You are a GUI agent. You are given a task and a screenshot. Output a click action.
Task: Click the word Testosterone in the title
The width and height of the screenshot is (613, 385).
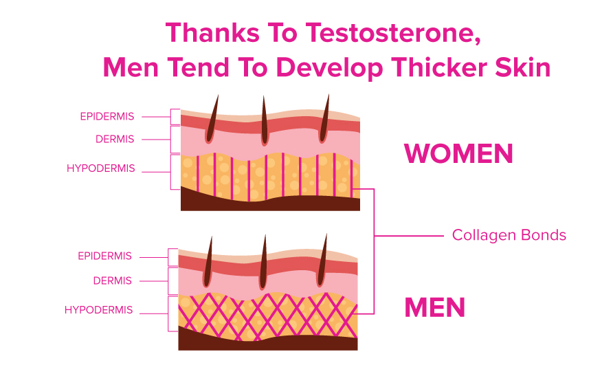(x=393, y=33)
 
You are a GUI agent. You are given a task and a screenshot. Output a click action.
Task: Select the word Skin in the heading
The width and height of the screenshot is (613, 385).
(x=523, y=67)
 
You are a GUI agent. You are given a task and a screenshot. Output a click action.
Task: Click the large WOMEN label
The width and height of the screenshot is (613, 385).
(x=458, y=153)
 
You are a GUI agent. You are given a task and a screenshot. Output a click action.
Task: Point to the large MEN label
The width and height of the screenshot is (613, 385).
(x=435, y=307)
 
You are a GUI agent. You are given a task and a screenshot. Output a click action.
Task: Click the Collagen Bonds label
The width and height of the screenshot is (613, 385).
(x=509, y=235)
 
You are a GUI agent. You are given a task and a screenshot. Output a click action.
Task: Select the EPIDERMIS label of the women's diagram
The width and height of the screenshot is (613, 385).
(x=107, y=117)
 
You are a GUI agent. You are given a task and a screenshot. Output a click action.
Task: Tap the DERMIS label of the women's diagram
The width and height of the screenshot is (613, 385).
(x=115, y=140)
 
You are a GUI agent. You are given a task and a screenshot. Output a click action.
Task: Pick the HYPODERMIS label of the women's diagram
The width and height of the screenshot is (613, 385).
(x=101, y=168)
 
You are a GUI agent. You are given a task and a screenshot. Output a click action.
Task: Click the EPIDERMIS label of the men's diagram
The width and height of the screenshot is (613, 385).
(x=104, y=256)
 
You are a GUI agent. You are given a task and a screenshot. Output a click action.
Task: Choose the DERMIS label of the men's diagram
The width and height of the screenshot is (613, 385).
(x=113, y=281)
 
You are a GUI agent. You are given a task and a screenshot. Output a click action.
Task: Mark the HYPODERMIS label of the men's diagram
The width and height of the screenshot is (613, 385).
(x=98, y=310)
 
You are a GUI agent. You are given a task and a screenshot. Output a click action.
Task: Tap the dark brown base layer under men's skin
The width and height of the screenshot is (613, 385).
(x=268, y=342)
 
